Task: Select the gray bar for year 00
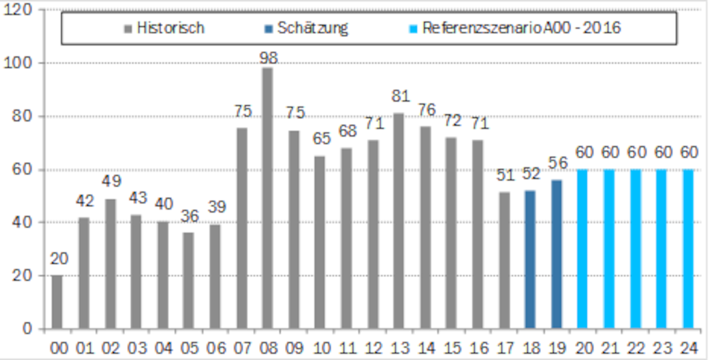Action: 57,302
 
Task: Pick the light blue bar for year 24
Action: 688,249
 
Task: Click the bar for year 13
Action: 399,221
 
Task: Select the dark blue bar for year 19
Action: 556,254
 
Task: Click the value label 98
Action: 268,58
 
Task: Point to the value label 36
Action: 188,216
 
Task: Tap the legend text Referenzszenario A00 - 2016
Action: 521,28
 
